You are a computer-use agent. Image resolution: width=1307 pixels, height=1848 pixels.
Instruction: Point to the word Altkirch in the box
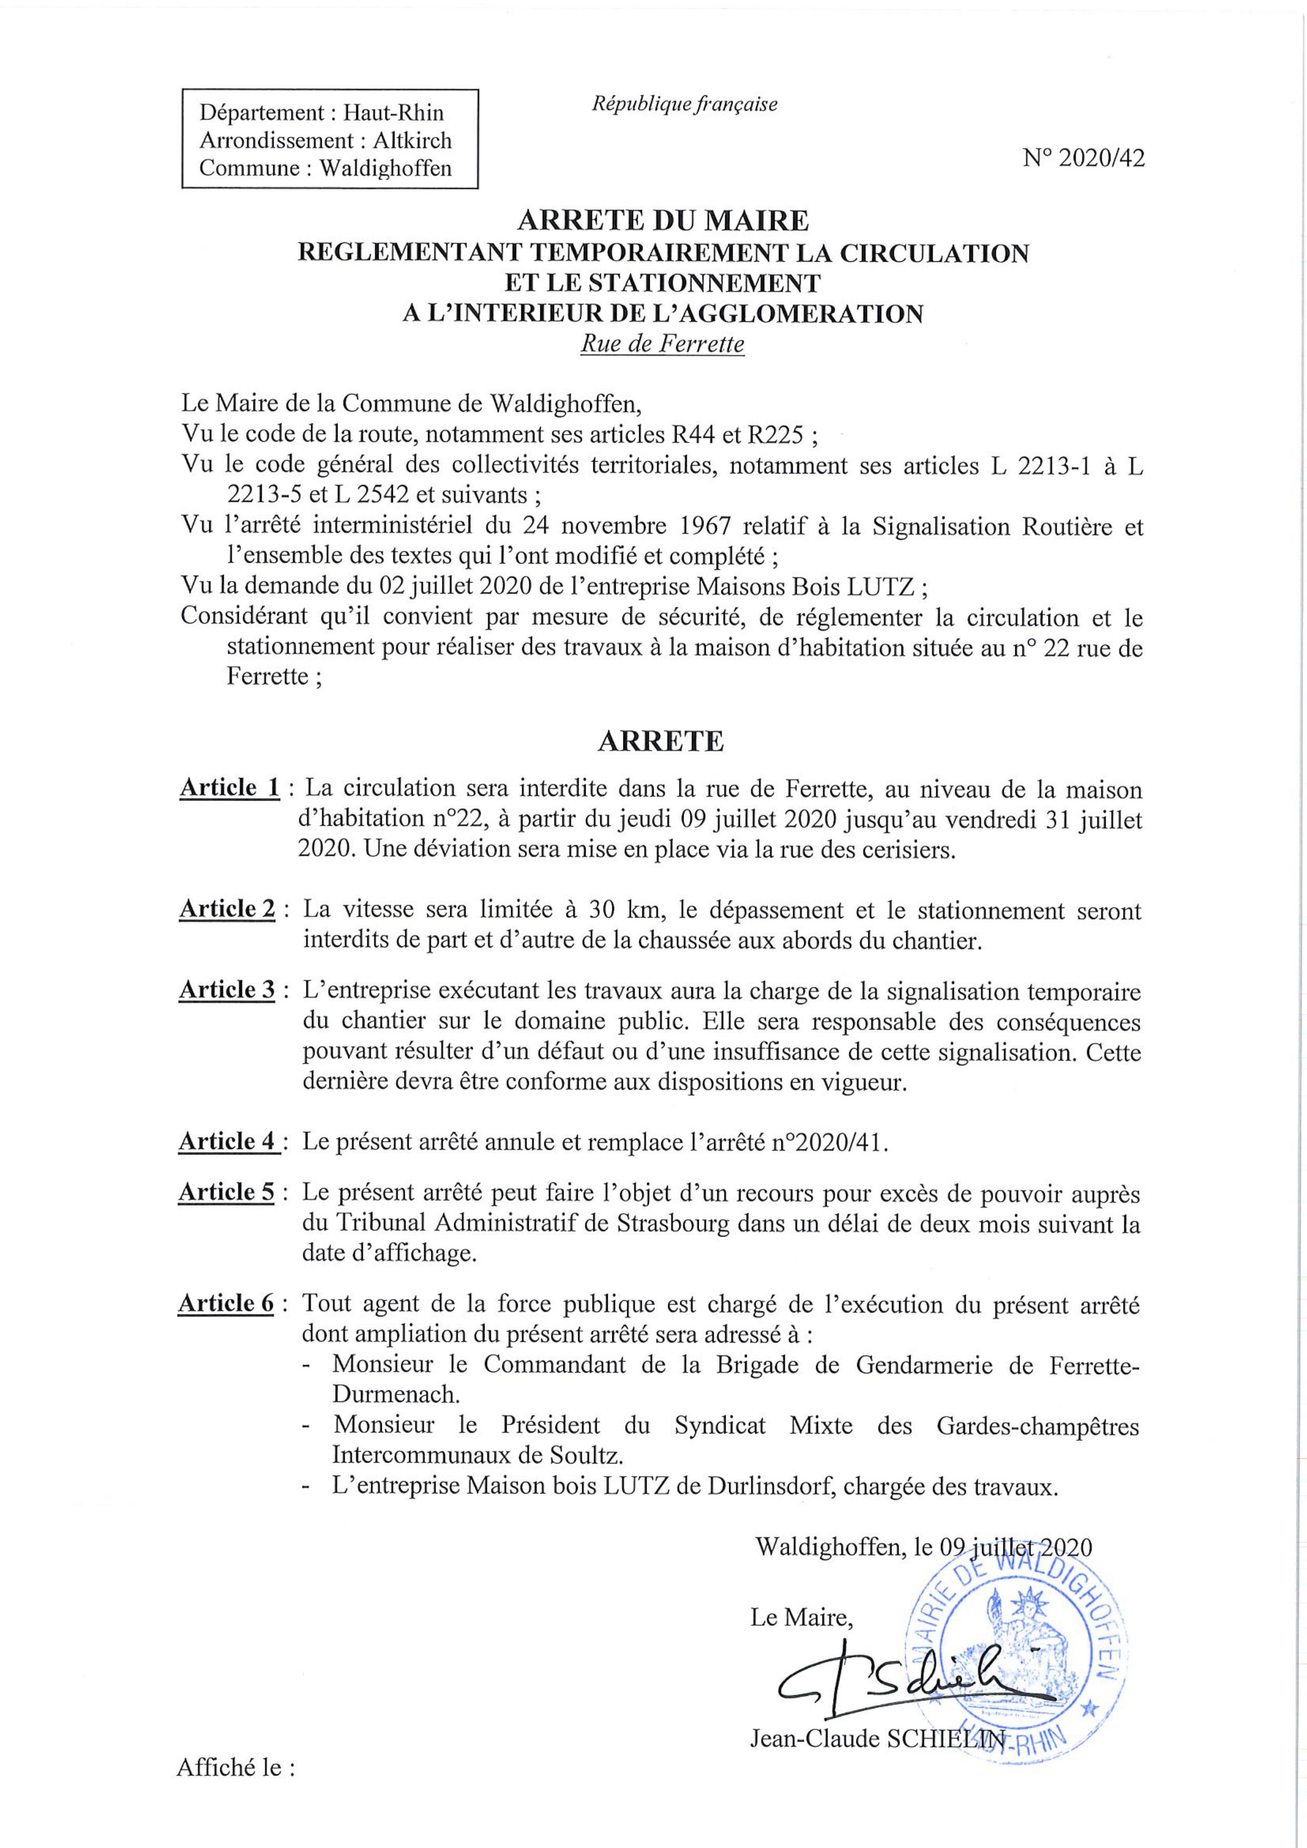point(412,140)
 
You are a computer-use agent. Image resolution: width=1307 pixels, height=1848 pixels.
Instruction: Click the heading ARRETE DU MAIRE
point(662,219)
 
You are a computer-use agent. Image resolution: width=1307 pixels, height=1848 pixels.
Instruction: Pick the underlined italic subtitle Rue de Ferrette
point(662,344)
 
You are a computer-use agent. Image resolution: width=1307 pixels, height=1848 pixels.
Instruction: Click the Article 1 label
point(230,787)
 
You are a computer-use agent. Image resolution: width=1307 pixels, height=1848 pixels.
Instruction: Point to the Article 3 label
point(228,990)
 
